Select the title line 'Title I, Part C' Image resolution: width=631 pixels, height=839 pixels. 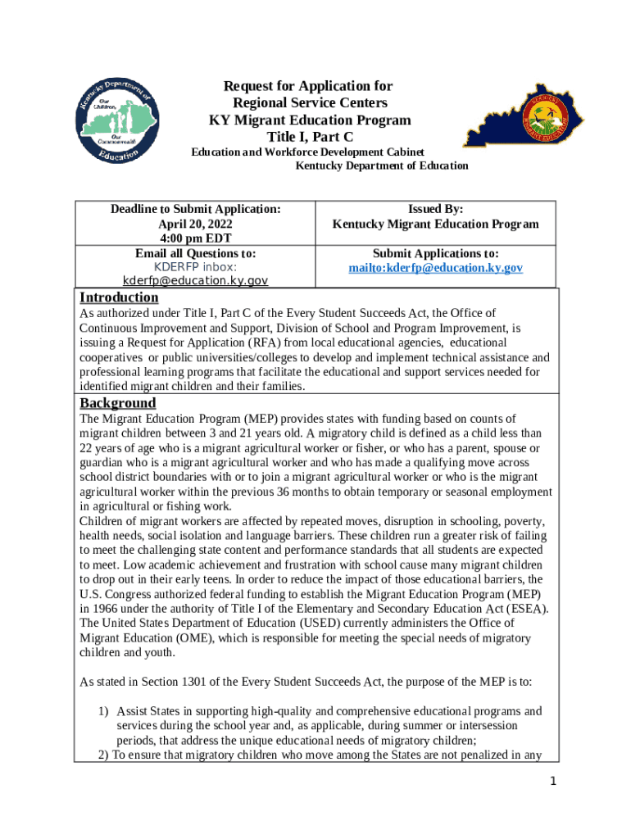309,137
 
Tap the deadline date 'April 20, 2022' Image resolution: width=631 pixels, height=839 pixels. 195,224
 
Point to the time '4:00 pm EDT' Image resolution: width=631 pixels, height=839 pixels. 195,238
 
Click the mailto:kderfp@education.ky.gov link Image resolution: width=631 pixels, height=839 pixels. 435,268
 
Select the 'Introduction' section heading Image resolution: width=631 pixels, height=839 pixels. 119,297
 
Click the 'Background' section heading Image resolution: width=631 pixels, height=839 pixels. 117,403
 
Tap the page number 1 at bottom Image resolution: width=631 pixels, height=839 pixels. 553,782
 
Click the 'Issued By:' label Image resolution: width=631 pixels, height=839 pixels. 435,210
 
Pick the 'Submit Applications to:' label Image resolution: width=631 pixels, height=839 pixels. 435,254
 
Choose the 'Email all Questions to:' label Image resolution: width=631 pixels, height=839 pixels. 195,253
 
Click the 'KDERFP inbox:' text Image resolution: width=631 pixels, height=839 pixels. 195,267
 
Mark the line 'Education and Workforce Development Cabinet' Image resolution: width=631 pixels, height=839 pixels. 308,152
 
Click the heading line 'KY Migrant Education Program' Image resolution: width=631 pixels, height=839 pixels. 309,120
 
